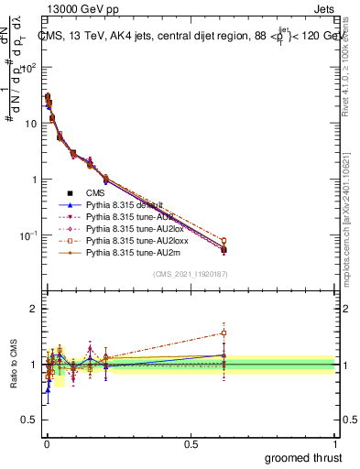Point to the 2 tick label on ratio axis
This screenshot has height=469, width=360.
click(35, 309)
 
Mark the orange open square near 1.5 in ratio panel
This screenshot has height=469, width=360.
click(223, 333)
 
